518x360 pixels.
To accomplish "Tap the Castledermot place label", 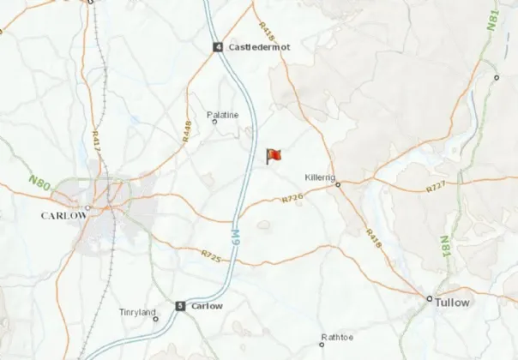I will point(259,47).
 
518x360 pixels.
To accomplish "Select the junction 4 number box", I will point(219,47).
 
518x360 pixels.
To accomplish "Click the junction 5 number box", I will point(180,306).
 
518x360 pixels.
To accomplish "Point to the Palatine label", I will point(223,114).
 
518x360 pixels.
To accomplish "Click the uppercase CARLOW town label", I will point(64,216).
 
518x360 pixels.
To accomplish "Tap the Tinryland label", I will point(138,312).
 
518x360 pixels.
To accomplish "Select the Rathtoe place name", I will point(336,337).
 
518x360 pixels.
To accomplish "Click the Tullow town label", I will point(452,303).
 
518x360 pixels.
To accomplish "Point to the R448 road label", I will point(186,130).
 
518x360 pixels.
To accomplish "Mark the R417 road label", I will point(96,141).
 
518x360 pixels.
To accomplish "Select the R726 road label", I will point(292,199).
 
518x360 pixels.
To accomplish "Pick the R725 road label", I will point(211,255).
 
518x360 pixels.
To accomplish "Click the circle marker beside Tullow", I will point(430,298).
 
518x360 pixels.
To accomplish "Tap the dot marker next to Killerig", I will point(338,183).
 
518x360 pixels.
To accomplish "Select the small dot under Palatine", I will point(214,122).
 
